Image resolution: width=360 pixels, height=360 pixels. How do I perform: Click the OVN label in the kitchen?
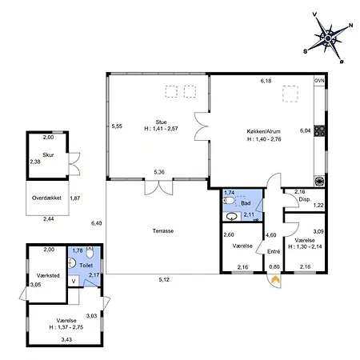tap(319, 81)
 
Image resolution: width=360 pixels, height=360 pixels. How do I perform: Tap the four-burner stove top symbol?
tap(319, 131)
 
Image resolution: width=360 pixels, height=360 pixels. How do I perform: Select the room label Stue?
tap(161, 122)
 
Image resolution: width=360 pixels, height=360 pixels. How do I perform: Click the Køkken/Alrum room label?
tap(263, 131)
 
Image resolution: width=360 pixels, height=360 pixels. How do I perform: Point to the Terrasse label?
tap(163, 231)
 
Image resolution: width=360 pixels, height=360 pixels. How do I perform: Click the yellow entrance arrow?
tap(275, 279)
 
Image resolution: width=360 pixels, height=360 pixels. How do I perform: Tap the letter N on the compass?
tap(351, 26)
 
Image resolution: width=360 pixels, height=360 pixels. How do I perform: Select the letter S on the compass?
tap(306, 51)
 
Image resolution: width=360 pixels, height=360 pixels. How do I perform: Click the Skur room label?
tap(48, 155)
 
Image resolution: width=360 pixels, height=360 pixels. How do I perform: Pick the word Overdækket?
tap(46, 198)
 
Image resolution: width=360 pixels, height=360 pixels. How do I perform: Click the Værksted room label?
tap(48, 275)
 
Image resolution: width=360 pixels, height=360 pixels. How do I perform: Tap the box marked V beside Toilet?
tap(74, 281)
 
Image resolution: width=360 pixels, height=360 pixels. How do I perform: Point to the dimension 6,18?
tap(266, 81)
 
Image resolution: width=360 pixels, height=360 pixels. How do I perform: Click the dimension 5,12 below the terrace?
tap(164, 280)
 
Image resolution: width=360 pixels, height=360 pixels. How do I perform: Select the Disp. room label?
tap(305, 199)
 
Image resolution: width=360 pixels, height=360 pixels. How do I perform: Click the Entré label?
tap(274, 251)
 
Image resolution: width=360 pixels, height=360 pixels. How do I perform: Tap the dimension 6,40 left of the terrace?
tap(97, 223)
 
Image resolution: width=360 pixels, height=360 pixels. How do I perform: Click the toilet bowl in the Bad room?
tap(229, 200)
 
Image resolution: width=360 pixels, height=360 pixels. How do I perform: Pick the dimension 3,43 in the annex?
tap(66, 340)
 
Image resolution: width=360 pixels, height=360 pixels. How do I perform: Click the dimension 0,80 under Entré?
tap(274, 266)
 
